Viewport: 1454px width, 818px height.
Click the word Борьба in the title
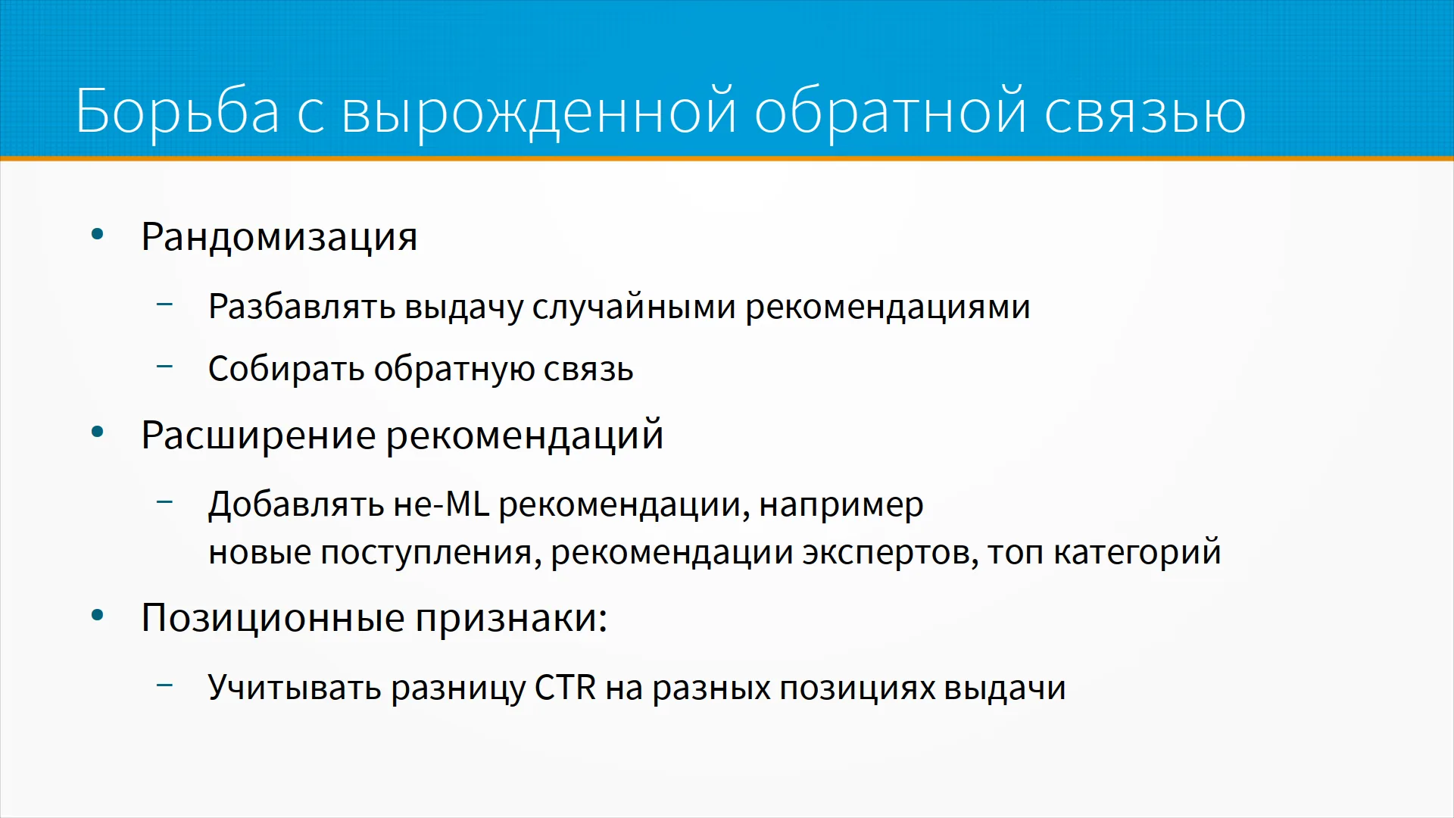tap(177, 112)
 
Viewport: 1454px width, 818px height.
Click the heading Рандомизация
tap(279, 238)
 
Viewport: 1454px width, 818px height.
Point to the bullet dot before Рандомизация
tap(97, 234)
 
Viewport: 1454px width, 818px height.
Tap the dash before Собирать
tap(165, 367)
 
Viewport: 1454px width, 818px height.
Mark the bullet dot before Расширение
tap(97, 432)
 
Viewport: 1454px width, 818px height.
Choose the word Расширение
tap(258, 436)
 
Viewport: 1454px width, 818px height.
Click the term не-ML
tap(442, 504)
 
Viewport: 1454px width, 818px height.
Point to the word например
tap(841, 506)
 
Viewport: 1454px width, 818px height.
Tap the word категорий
tap(1137, 552)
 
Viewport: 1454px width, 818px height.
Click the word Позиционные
tap(273, 618)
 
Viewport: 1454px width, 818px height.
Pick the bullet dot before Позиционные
tap(97, 615)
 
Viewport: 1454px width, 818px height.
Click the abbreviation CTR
tap(566, 688)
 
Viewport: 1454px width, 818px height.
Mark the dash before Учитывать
tap(165, 685)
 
